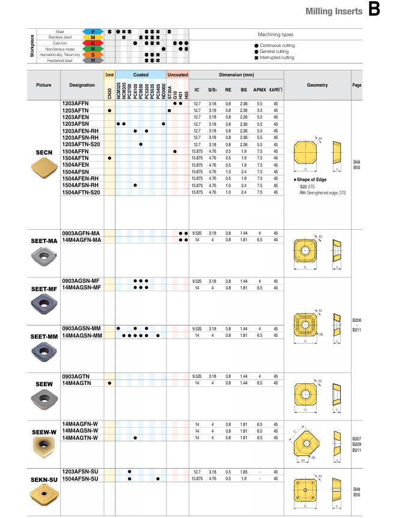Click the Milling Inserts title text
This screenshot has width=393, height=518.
[x=334, y=11]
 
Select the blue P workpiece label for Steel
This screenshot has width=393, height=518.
[x=93, y=31]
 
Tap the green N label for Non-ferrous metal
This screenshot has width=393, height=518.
[x=93, y=49]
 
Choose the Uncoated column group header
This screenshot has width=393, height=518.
[x=178, y=75]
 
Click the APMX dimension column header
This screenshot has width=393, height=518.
[x=260, y=90]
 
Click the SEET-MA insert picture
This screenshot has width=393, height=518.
[x=44, y=259]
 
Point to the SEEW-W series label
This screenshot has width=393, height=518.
[x=44, y=432]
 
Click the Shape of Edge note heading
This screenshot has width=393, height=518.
[x=312, y=180]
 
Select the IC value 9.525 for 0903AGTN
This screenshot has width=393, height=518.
[x=196, y=376]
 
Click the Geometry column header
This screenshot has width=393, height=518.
[x=317, y=85]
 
